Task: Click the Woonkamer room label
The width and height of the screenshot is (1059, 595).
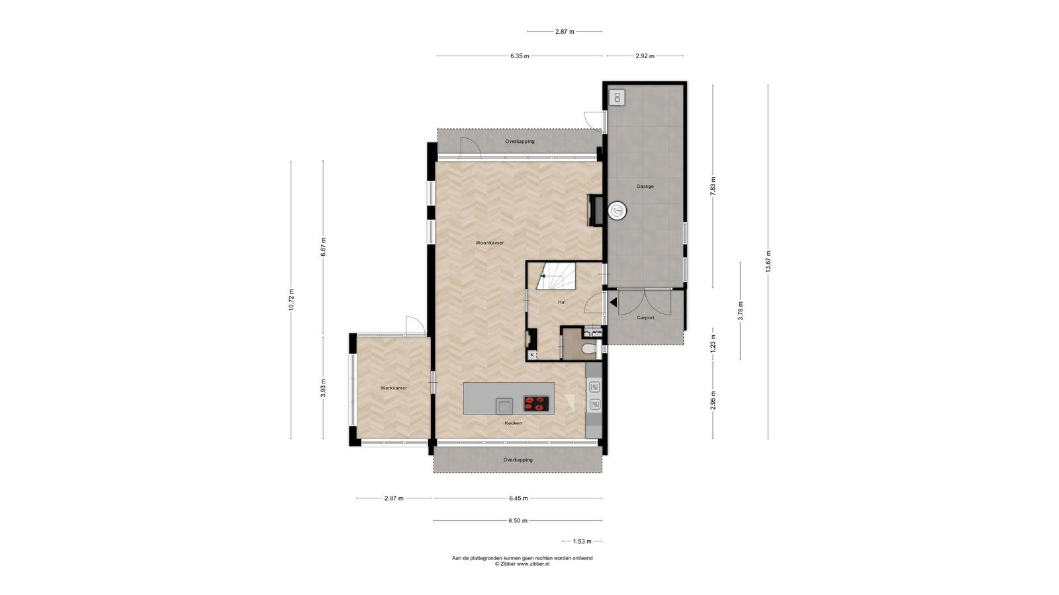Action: tap(489, 243)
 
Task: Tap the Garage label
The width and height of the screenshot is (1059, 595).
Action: tap(645, 186)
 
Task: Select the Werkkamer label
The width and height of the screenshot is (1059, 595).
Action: tap(394, 388)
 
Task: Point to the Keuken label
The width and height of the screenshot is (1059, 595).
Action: tap(513, 423)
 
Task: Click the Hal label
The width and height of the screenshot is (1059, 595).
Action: tap(561, 301)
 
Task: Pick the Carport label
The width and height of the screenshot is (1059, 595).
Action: tap(645, 318)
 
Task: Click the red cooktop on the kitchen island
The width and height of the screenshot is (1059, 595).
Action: tap(536, 403)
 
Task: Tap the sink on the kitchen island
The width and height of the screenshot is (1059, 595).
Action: tap(504, 406)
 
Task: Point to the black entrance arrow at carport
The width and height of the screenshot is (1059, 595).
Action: tap(613, 302)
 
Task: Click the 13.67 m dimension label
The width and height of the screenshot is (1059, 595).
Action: tap(768, 261)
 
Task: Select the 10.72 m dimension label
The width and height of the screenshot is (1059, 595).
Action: tap(291, 299)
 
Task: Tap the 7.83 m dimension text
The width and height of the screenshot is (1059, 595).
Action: tap(713, 186)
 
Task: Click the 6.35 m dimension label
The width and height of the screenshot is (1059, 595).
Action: tap(520, 56)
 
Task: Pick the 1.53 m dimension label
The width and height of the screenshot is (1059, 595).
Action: tap(582, 541)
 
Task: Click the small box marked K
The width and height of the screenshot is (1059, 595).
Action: tap(532, 354)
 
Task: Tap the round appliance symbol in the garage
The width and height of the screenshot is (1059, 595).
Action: tap(617, 210)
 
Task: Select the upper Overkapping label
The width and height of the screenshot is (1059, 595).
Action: tap(520, 141)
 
